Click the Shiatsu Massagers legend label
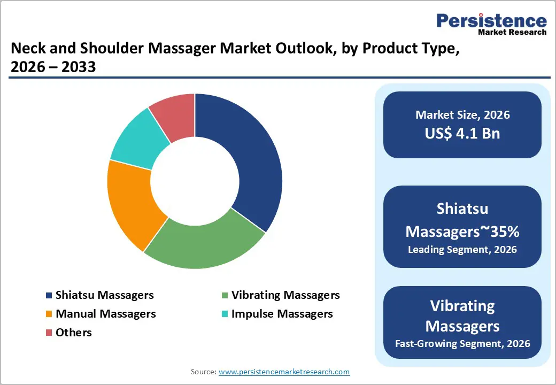click(x=104, y=295)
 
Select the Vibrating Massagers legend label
click(x=285, y=295)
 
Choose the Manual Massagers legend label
click(x=105, y=314)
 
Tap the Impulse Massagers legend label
click(x=282, y=314)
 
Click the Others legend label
click(x=74, y=333)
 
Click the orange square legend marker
click(x=49, y=314)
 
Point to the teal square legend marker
click(x=225, y=314)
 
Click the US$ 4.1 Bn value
click(x=462, y=133)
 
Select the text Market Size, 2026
click(x=462, y=115)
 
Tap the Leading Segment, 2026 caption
click(x=462, y=249)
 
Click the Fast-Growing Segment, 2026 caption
click(x=462, y=343)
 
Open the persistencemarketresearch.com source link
click(x=284, y=372)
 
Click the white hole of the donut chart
click(x=195, y=181)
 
